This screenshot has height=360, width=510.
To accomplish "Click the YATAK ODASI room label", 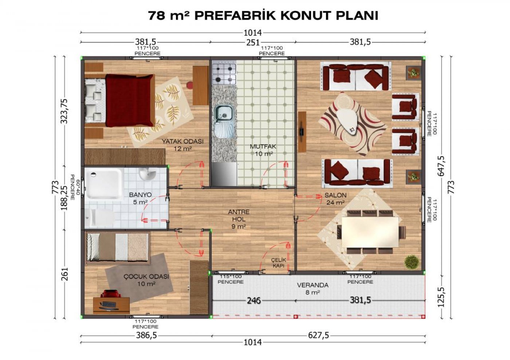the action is tap(183, 141).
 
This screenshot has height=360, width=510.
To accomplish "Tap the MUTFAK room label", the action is tap(263, 146).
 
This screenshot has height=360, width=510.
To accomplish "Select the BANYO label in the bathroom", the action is tap(140, 195).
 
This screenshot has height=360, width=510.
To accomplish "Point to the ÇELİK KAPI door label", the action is tap(278, 262).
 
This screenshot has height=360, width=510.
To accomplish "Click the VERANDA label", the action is tap(313, 285).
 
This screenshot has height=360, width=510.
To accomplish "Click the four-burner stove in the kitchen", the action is tap(224, 74).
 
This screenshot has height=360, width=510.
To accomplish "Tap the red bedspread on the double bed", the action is tap(130, 100).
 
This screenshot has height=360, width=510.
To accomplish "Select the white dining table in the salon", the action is tap(370, 232).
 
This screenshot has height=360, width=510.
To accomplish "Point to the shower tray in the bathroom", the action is tap(104, 184).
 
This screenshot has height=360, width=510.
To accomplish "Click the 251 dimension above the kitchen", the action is tap(253, 43).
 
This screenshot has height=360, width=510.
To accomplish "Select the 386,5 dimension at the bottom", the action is tap(146, 335).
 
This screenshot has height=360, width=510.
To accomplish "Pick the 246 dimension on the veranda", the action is tap(254, 301).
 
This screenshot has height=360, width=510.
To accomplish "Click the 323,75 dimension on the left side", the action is tap(64, 111).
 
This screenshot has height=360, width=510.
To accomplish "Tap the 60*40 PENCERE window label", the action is tap(75, 187).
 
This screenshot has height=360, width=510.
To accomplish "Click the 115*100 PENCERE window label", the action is tap(231, 279).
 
